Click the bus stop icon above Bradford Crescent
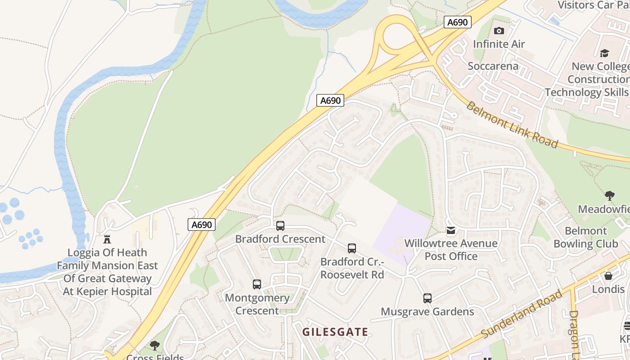[x=280, y=225]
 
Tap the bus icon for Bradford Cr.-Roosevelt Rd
[x=352, y=248]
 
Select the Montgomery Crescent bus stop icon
[x=257, y=284]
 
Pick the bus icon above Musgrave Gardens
[x=427, y=298]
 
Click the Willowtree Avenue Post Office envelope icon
[x=450, y=230]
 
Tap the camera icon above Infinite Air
[x=499, y=31]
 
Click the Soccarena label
[x=493, y=66]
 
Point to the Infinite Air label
[x=499, y=44]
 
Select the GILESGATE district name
[x=335, y=332]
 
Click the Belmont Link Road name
[x=512, y=125]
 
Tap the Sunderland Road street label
[x=522, y=314]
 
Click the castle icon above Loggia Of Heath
[x=107, y=239]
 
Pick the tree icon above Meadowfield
[x=610, y=196]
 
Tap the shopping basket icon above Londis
[x=608, y=275]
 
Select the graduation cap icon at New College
[x=604, y=53]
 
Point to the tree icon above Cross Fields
[x=155, y=345]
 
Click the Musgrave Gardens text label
[x=427, y=311]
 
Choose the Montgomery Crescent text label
[x=257, y=304]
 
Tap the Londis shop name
[x=608, y=289]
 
